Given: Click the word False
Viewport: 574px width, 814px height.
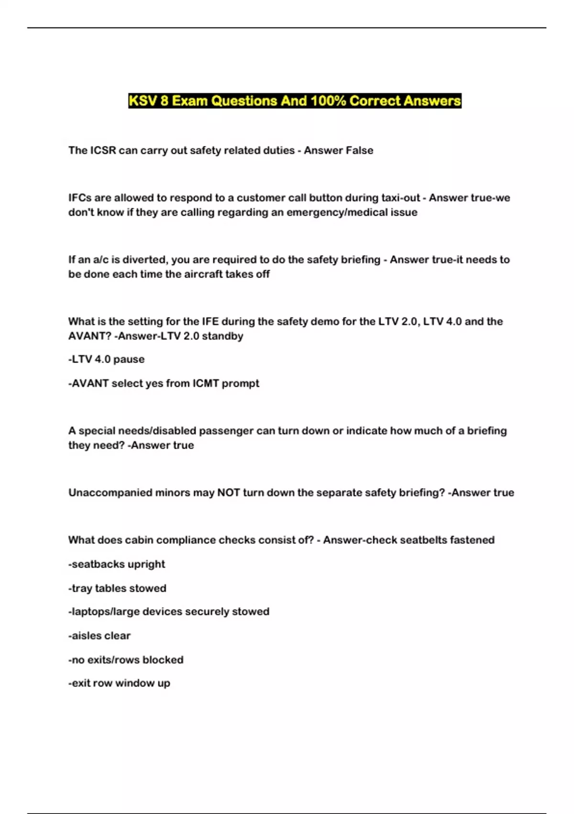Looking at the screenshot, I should [359, 150].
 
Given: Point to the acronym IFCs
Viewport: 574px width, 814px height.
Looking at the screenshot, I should [79, 198].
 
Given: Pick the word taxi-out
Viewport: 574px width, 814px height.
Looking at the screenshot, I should [401, 198].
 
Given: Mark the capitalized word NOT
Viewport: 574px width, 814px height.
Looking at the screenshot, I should [229, 493].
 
